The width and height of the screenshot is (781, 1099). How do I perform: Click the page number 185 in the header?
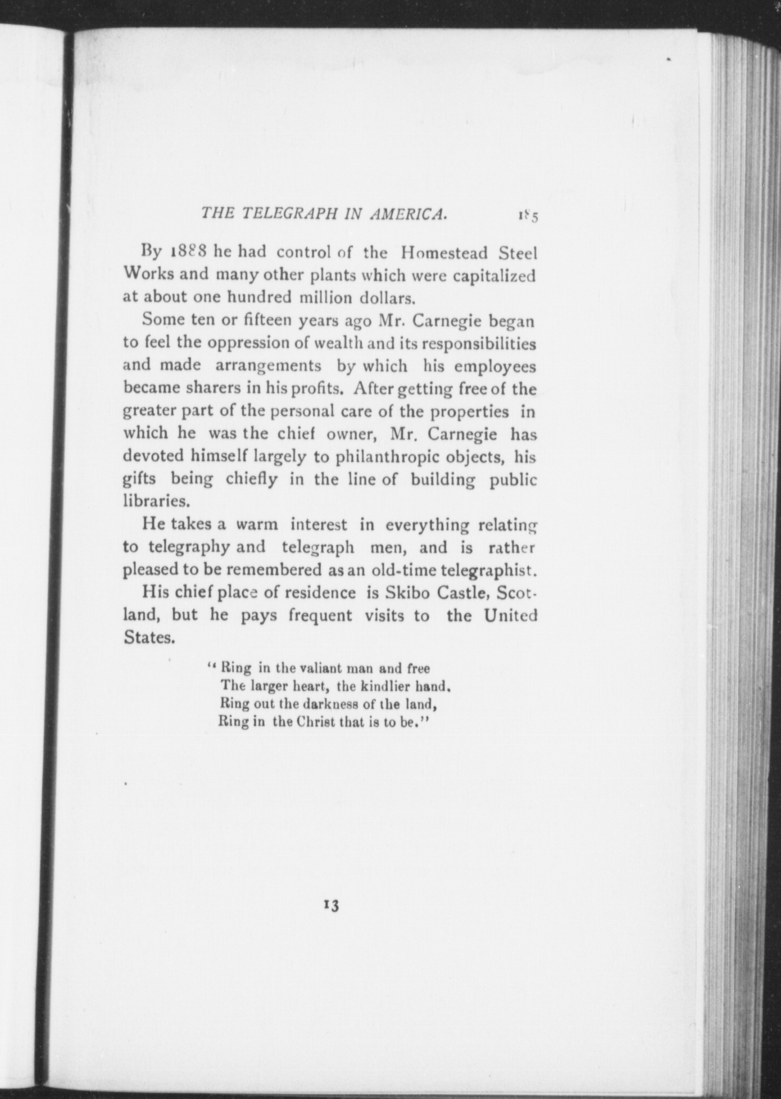(528, 216)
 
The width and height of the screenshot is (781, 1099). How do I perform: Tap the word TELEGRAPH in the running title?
(290, 214)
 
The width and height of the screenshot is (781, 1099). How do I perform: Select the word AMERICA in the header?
(408, 214)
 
